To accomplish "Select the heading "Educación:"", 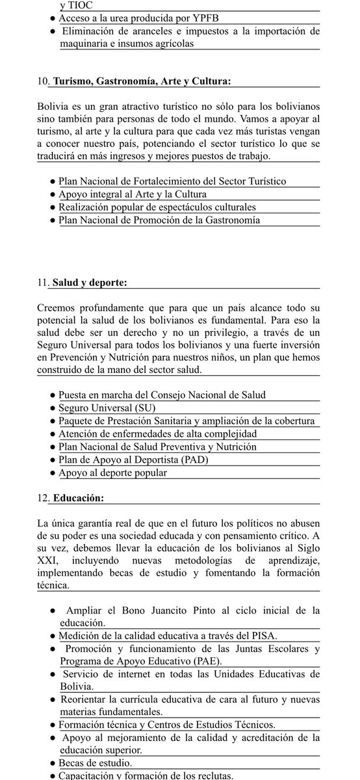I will point(77,499).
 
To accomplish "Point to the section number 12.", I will point(42,499).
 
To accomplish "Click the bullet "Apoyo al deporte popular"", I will point(112,473).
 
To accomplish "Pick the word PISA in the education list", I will point(263,636).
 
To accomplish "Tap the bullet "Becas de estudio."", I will point(95,762).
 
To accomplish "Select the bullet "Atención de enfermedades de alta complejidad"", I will point(158,434).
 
